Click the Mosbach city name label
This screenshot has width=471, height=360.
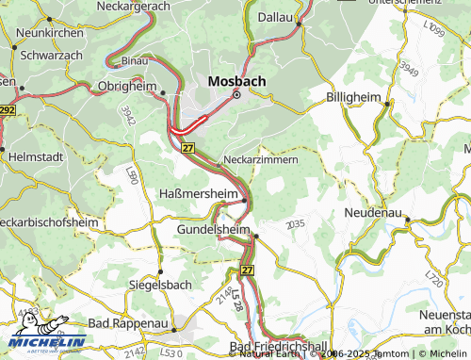(236, 80)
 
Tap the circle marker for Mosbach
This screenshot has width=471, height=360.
(237, 95)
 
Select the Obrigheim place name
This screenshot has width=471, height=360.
(125, 86)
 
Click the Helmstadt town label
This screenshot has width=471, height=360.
(35, 155)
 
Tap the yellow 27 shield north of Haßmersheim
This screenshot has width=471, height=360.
(188, 149)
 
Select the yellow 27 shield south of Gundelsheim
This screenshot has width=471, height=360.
(247, 270)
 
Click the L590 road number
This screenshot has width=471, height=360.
(132, 175)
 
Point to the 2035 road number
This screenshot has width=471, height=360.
(295, 222)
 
